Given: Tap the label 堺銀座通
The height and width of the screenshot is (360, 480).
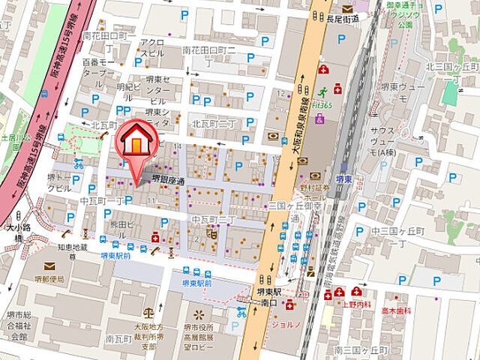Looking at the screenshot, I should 169,179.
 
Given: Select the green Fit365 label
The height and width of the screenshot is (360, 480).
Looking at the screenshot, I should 322,106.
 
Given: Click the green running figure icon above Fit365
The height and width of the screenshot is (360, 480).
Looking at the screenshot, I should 323,95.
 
